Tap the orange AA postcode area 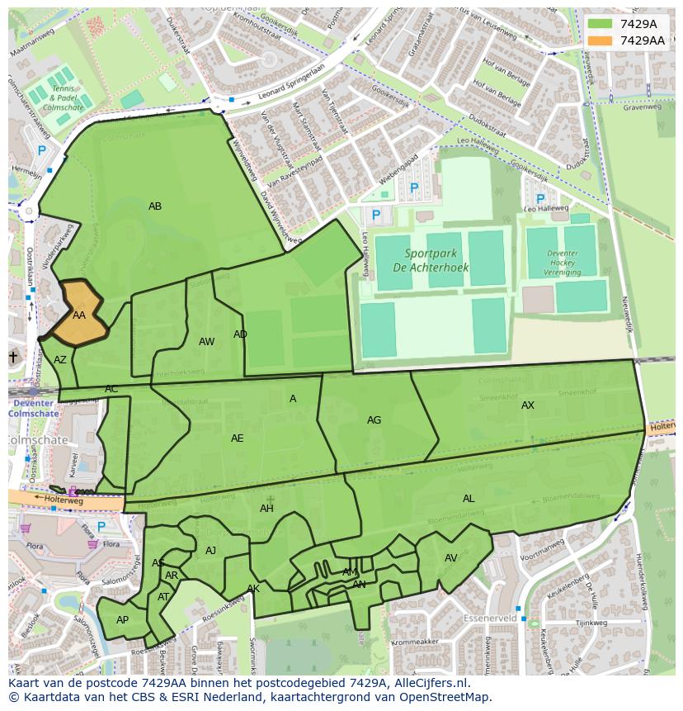78,315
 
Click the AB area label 155,206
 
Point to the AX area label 528,405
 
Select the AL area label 469,499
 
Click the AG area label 374,420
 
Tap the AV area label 451,558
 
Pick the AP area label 122,620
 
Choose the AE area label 237,438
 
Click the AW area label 206,342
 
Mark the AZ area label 60,360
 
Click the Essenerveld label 490,618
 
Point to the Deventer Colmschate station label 33,408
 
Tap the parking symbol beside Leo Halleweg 540,200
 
